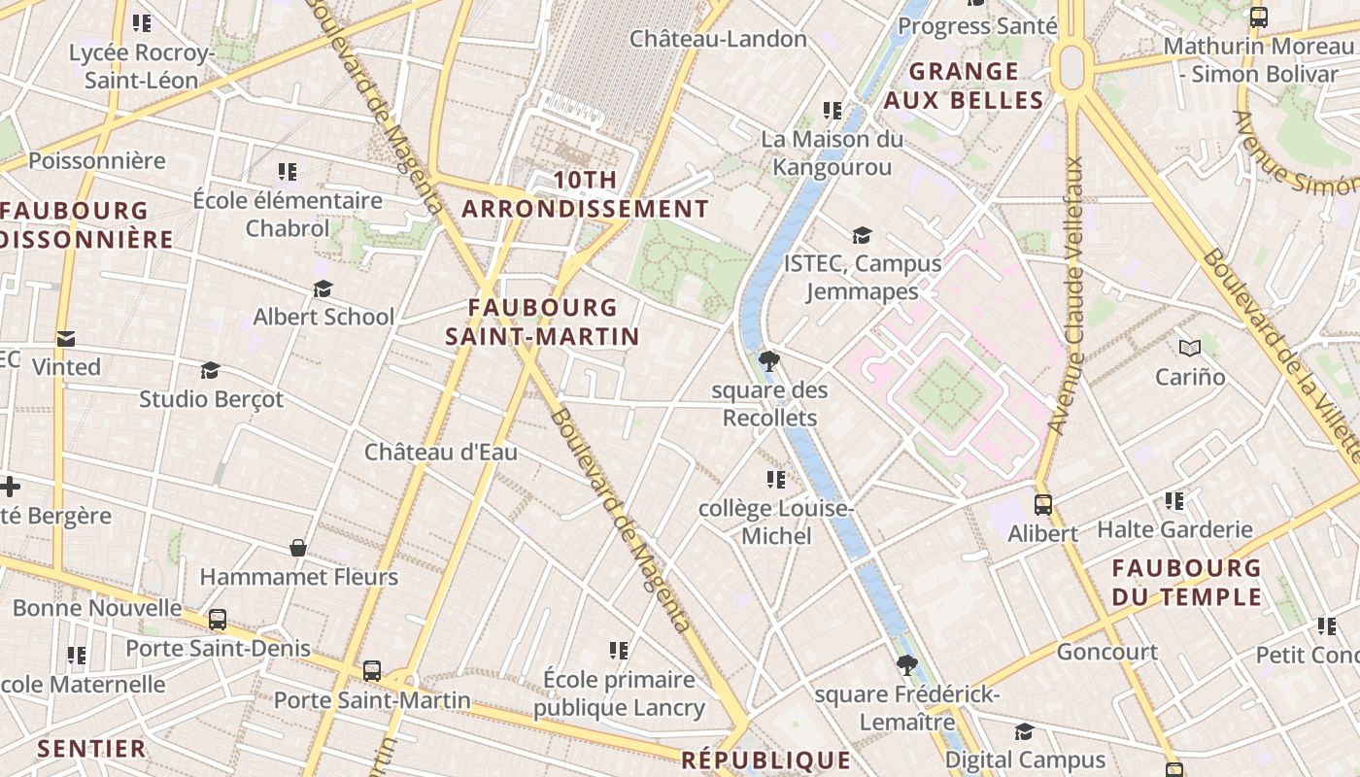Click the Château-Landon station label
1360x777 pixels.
pyautogui.click(x=718, y=39)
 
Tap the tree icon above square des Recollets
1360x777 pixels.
pyautogui.click(x=769, y=362)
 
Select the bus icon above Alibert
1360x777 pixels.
pyautogui.click(x=1042, y=505)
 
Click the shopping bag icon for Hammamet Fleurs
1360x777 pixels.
pyautogui.click(x=298, y=549)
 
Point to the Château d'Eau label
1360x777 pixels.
pyautogui.click(x=440, y=453)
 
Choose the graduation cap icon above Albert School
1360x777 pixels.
pyautogui.click(x=323, y=289)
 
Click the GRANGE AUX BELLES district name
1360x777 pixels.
pyautogui.click(x=964, y=85)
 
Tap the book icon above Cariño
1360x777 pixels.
pyautogui.click(x=1189, y=348)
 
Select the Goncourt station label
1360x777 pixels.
pyautogui.click(x=1106, y=652)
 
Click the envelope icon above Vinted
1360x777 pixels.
pyautogui.click(x=66, y=339)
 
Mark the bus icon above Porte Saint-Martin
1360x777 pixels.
pyautogui.click(x=371, y=670)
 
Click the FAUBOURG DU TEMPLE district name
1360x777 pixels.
pyautogui.click(x=1186, y=582)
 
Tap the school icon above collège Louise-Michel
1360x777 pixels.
pyautogui.click(x=775, y=480)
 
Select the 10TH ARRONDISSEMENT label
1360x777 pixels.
pyautogui.click(x=585, y=194)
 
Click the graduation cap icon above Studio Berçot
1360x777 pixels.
pyautogui.click(x=210, y=370)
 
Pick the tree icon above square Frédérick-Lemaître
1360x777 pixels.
pyautogui.click(x=906, y=665)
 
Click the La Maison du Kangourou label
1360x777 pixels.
pyautogui.click(x=831, y=153)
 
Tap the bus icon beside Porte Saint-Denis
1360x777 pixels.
pyautogui.click(x=218, y=620)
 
